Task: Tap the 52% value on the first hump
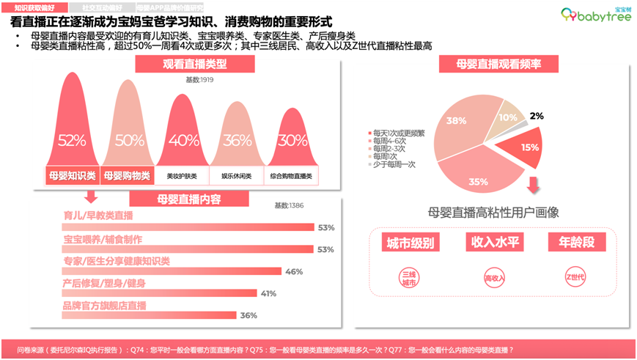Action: coord(72,140)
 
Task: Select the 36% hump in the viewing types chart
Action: coord(237,140)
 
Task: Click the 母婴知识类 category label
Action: coord(72,176)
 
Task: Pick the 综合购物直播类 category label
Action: coord(291,176)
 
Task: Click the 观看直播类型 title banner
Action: coord(194,65)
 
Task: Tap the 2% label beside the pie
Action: coord(537,116)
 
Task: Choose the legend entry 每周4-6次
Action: coord(391,140)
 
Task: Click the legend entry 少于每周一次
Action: coord(397,164)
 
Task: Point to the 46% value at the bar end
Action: coord(294,272)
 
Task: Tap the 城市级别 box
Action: coord(408,243)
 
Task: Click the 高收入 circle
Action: coord(493,278)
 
